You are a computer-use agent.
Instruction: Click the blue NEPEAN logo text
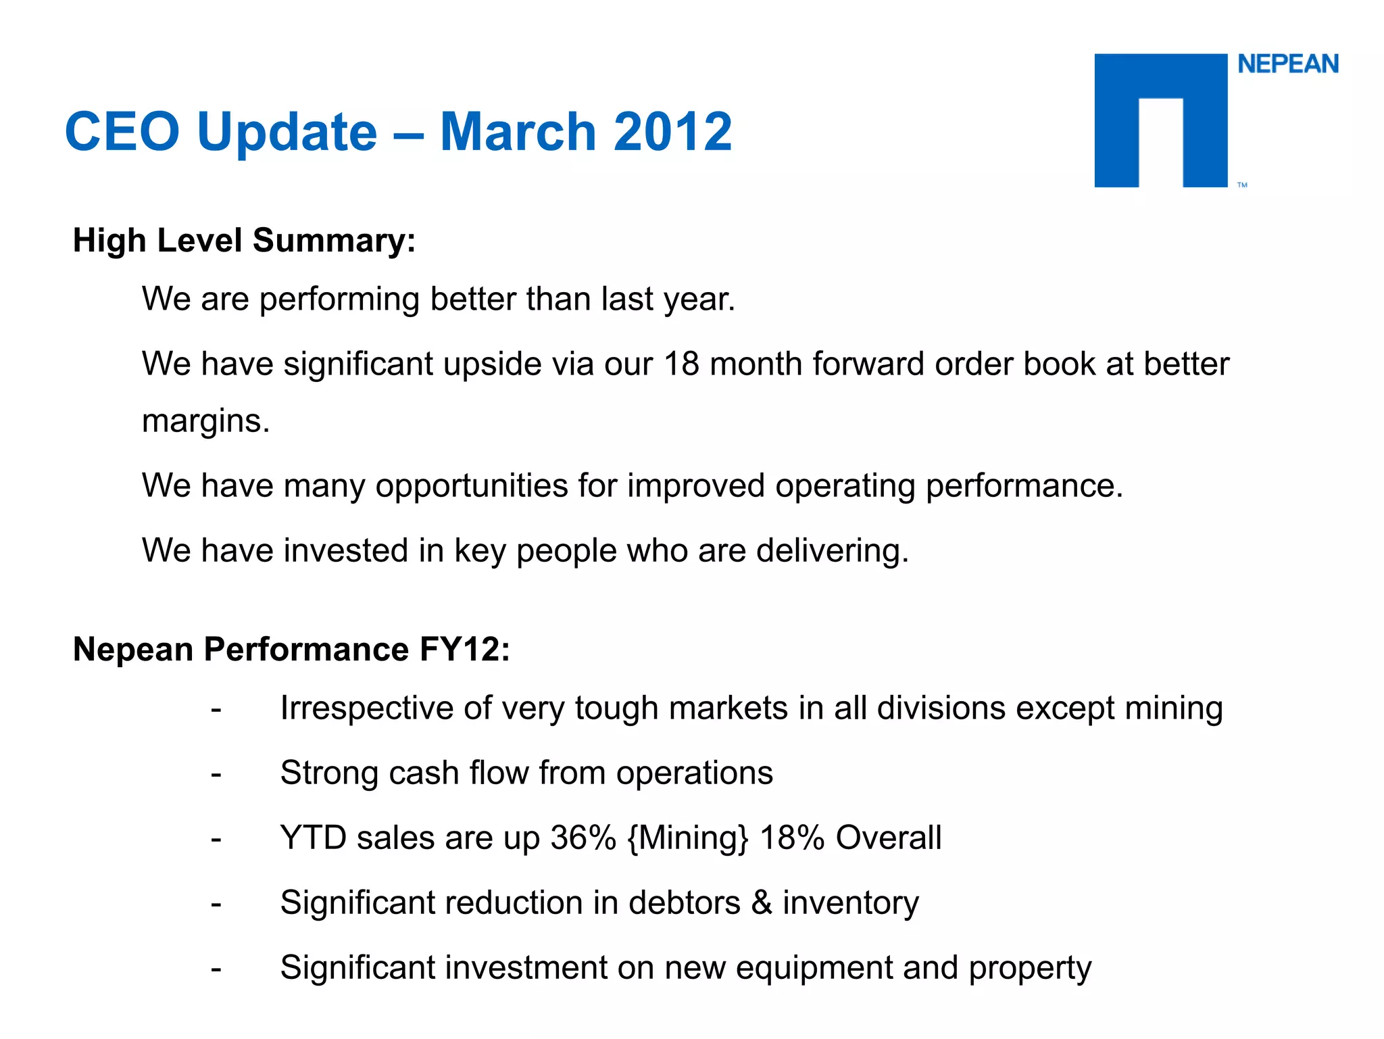point(1287,64)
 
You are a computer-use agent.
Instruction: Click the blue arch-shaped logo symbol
point(1160,120)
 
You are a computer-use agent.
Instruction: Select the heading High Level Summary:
point(244,240)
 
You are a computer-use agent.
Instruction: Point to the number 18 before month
point(681,364)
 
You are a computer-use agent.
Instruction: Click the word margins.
point(205,421)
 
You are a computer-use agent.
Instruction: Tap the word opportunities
point(472,485)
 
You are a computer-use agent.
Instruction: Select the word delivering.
point(832,550)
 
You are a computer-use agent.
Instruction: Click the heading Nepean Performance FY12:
point(291,649)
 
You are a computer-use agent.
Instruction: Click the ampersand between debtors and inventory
point(762,902)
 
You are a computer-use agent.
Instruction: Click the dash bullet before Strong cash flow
point(216,774)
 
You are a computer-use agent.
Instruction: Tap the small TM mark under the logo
point(1242,185)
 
